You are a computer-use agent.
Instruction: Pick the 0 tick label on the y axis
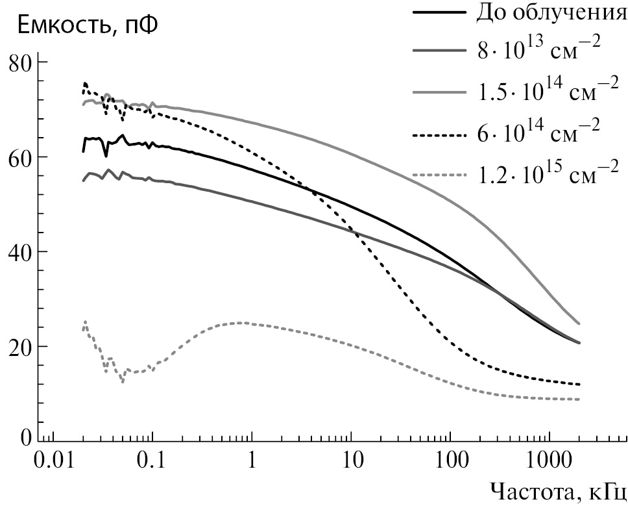[x=25, y=437]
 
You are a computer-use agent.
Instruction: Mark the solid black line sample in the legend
[x=440, y=13]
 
